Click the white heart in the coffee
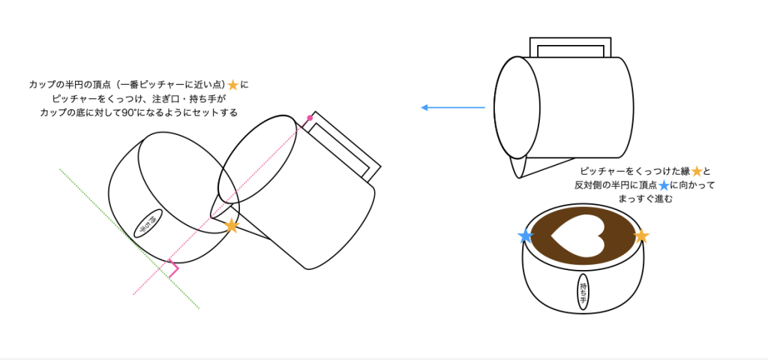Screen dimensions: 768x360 (x=578, y=236)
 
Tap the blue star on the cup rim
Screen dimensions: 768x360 (x=526, y=236)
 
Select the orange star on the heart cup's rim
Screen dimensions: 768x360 (x=641, y=236)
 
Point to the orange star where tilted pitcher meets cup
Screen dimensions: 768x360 (x=231, y=225)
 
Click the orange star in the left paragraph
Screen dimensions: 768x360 (x=233, y=85)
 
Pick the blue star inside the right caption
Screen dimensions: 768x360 (x=664, y=186)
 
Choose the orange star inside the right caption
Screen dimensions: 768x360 (x=697, y=172)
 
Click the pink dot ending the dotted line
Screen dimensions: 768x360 (x=310, y=118)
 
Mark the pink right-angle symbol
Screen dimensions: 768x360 (x=173, y=268)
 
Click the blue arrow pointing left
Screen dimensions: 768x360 (x=453, y=107)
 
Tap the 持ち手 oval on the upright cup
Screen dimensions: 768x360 (x=583, y=292)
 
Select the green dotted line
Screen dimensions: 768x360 (x=129, y=239)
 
